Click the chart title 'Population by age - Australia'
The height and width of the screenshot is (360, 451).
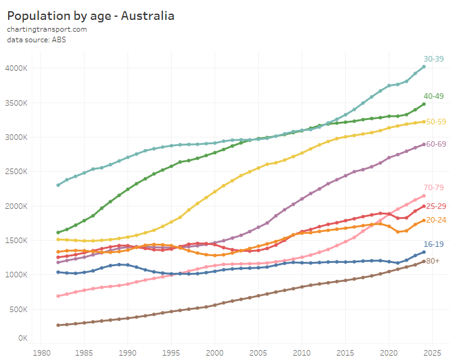pos(91,15)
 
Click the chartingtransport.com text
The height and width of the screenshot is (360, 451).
pos(47,29)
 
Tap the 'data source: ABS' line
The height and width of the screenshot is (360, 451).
pos(37,40)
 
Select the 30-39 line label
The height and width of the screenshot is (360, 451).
pos(434,58)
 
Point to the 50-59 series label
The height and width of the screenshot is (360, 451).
pos(435,121)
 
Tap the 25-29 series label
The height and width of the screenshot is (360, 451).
pos(435,206)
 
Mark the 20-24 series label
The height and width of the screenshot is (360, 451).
pos(435,220)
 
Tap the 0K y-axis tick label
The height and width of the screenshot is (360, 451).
pos(22,338)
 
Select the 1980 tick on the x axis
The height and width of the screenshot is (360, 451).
pos(41,351)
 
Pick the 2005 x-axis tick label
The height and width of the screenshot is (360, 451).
pos(259,351)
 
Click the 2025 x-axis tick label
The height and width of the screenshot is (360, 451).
pos(433,351)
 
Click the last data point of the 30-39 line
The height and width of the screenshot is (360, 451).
pos(424,67)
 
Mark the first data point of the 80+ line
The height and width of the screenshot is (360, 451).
pos(58,325)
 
